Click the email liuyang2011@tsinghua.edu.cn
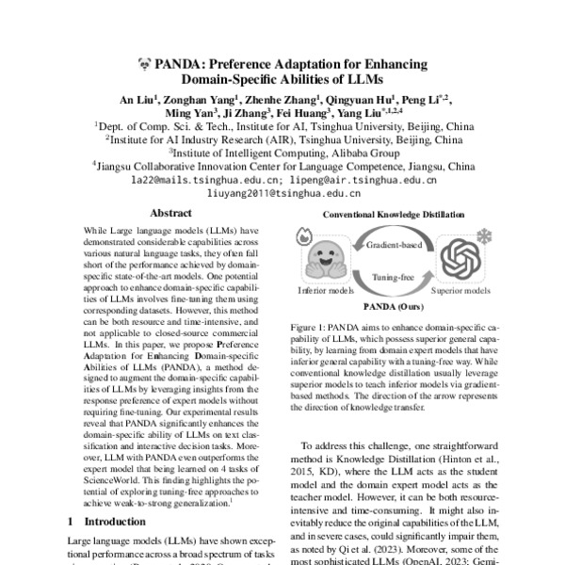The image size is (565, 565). click(282, 191)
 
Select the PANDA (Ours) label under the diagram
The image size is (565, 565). click(395, 306)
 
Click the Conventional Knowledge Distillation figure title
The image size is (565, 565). click(395, 216)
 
